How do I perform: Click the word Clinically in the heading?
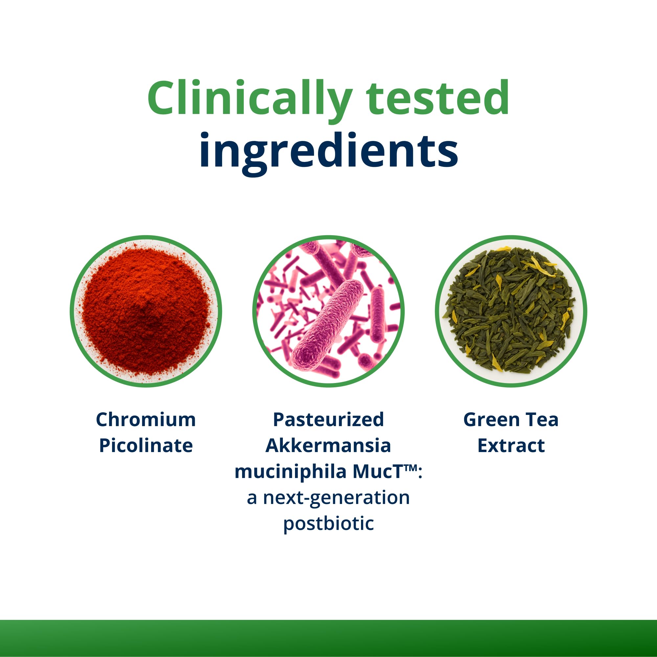[250, 99]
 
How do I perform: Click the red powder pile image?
[146, 311]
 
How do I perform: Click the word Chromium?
[146, 419]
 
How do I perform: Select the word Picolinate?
[146, 446]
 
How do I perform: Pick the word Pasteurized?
[328, 419]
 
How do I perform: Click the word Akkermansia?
[328, 446]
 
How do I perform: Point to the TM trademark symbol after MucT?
[411, 468]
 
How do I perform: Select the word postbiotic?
[328, 524]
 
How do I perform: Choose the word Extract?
[511, 446]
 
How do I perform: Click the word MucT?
[378, 472]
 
